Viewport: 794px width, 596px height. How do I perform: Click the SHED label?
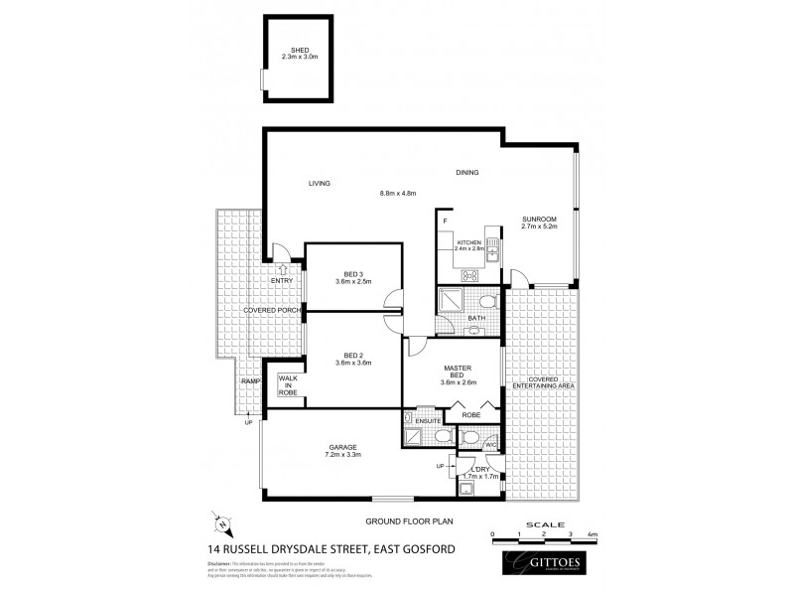point(300,50)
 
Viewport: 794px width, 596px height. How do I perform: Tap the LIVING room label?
point(319,183)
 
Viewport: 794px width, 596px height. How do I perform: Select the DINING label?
point(466,173)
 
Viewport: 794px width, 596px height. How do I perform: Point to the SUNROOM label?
point(539,219)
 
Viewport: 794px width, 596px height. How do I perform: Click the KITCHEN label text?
point(468,242)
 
